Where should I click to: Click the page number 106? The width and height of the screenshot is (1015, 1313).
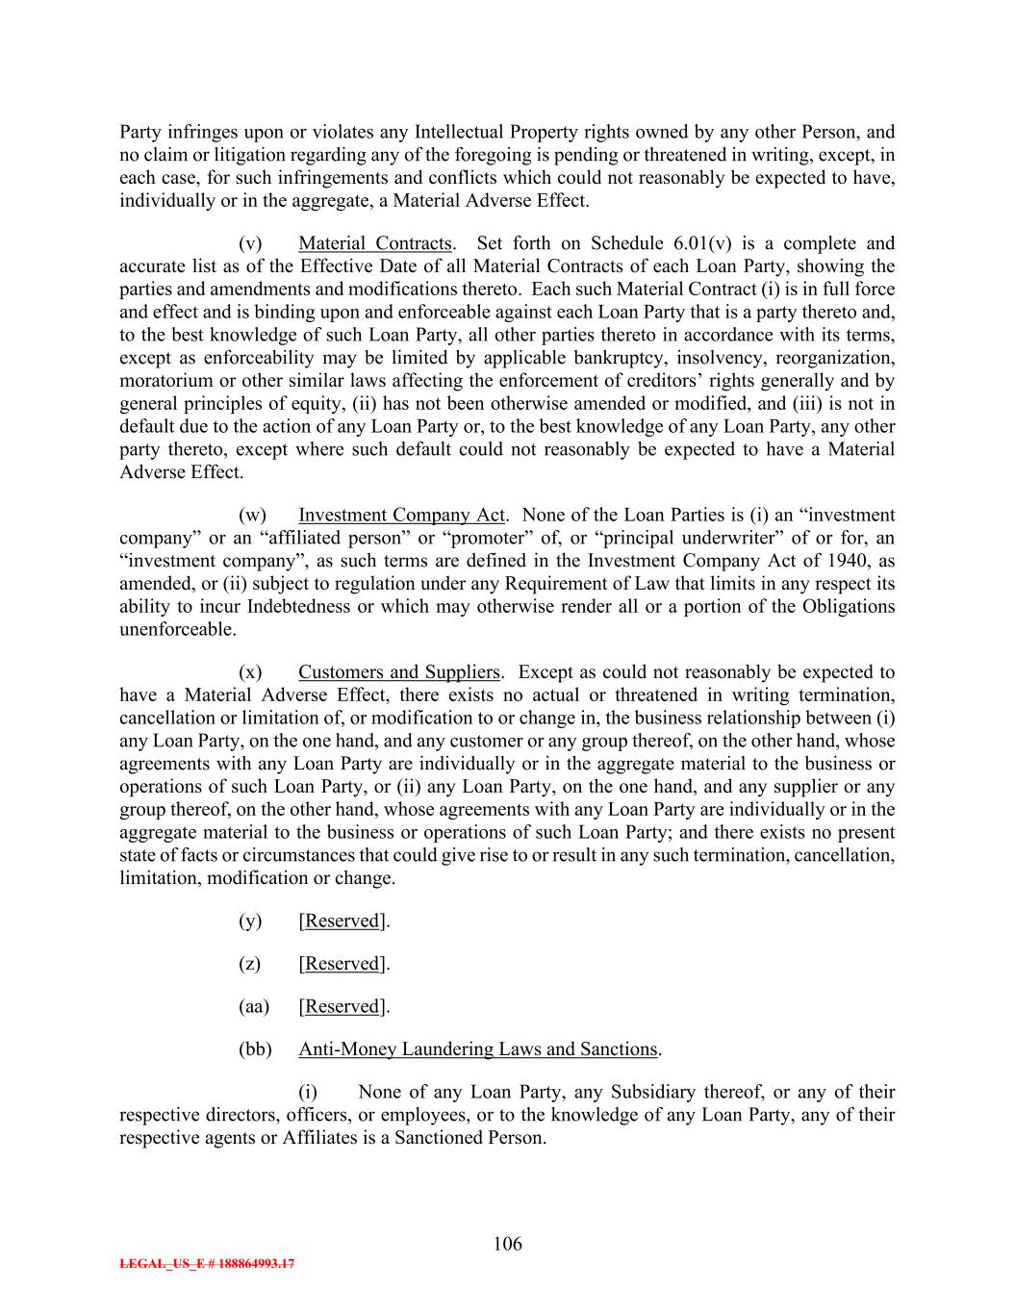pyautogui.click(x=507, y=1244)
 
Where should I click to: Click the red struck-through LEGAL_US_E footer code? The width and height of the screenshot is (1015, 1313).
pyautogui.click(x=207, y=1264)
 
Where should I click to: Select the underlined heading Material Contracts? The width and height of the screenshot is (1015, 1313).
pyautogui.click(x=374, y=243)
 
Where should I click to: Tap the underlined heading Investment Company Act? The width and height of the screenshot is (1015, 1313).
pyautogui.click(x=401, y=516)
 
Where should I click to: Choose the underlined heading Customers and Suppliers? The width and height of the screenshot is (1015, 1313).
pyautogui.click(x=398, y=672)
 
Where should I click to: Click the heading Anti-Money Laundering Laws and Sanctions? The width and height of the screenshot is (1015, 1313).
pyautogui.click(x=477, y=1049)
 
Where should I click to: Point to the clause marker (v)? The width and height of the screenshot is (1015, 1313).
pyautogui.click(x=250, y=243)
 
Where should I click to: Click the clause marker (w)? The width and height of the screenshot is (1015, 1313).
pyautogui.click(x=252, y=516)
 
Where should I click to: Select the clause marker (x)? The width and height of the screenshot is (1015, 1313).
pyautogui.click(x=250, y=672)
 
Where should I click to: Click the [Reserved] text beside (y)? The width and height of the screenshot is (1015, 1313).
pyautogui.click(x=343, y=921)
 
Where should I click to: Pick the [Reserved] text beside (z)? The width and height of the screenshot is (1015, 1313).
pyautogui.click(x=343, y=964)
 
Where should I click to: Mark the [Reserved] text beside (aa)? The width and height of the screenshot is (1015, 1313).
pyautogui.click(x=343, y=1006)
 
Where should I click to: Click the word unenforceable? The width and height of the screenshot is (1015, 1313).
pyautogui.click(x=176, y=630)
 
